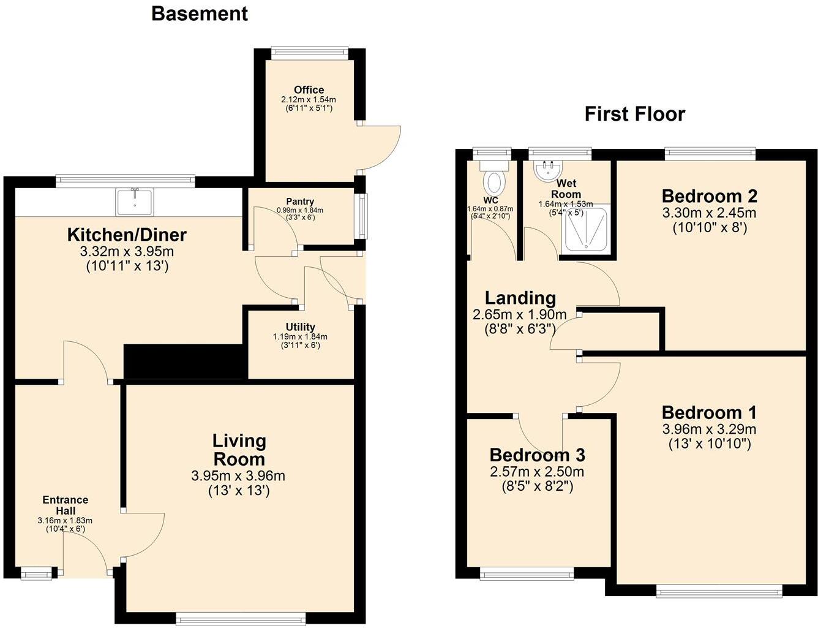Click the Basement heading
pyautogui.click(x=200, y=13)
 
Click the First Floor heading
pyautogui.click(x=634, y=114)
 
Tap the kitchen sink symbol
pyautogui.click(x=135, y=202)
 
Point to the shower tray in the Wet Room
pyautogui.click(x=587, y=230)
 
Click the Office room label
pyautogui.click(x=309, y=89)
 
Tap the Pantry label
pyautogui.click(x=300, y=201)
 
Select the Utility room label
pyautogui.click(x=300, y=327)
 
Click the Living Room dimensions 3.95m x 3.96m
pyautogui.click(x=238, y=475)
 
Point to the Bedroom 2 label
pyautogui.click(x=709, y=196)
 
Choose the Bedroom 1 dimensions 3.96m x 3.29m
pyautogui.click(x=709, y=429)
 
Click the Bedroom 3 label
pyautogui.click(x=537, y=455)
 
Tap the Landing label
pyautogui.click(x=520, y=298)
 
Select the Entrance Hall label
pyautogui.click(x=65, y=505)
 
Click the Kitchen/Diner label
pyautogui.click(x=126, y=234)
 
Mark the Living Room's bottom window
pyautogui.click(x=240, y=618)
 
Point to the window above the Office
pyautogui.click(x=310, y=53)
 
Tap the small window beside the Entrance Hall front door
pyautogui.click(x=36, y=573)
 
